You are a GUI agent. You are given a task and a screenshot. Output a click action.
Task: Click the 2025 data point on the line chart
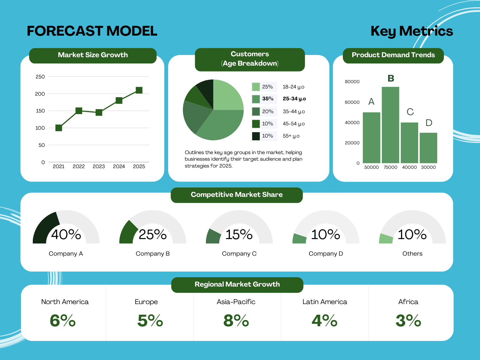139,90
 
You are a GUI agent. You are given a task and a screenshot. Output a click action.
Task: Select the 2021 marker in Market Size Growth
59,128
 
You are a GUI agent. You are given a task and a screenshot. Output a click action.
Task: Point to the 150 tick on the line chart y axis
40,111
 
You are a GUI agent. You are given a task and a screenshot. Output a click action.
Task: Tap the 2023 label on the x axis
99,167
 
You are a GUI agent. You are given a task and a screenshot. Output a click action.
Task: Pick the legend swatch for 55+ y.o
256,136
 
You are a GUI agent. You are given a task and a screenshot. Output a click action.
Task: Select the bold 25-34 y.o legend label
294,99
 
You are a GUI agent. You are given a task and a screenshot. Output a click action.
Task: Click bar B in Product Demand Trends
390,125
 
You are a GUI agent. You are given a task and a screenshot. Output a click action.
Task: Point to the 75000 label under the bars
390,167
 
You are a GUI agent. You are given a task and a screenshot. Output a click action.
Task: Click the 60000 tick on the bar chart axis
352,102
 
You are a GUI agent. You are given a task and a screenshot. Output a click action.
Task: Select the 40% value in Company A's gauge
66,235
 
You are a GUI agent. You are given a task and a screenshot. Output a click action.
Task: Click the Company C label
239,254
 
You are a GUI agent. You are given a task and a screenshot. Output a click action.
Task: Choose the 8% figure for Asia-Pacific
236,321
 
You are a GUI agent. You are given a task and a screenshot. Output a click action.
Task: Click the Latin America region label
325,302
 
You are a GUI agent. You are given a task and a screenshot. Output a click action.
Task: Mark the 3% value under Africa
408,321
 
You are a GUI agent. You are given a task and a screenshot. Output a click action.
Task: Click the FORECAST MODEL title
92,31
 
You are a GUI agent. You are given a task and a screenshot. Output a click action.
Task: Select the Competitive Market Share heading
237,195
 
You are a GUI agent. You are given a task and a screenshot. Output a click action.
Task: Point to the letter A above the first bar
371,102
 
